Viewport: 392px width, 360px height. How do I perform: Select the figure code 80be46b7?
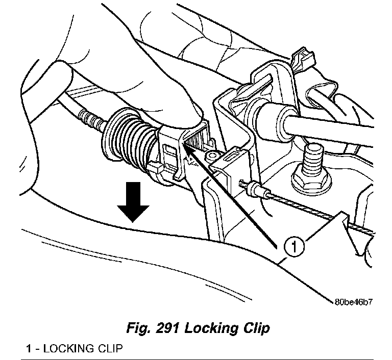pyautogui.click(x=354, y=301)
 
